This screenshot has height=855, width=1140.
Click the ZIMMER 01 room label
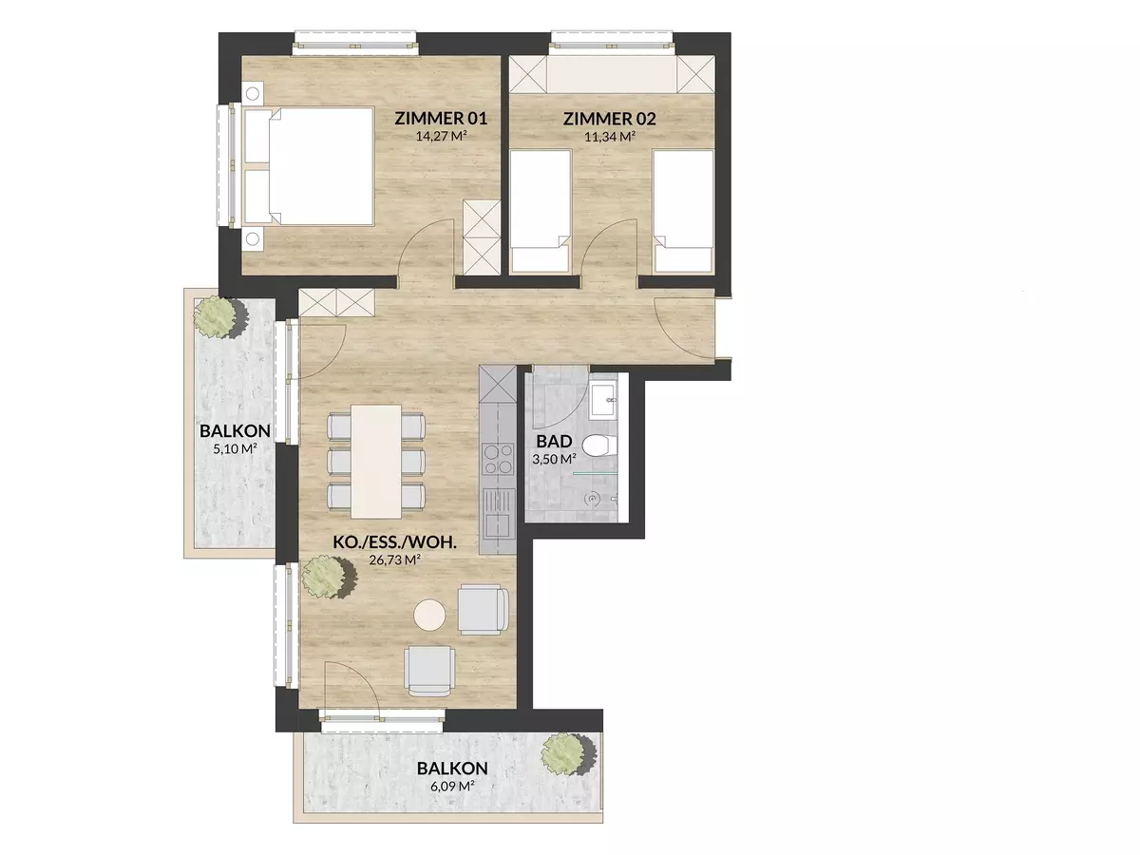coord(441,119)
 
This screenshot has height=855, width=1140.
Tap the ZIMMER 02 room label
coord(610,119)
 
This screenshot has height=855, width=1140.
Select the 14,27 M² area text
coord(441,137)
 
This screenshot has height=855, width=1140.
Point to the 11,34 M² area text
coord(610,137)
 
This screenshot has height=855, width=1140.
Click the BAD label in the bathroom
coord(554,442)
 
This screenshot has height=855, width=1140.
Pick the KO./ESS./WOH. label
coord(394,543)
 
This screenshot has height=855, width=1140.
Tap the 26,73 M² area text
coord(394,560)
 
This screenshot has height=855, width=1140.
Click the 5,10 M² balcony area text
coord(236,448)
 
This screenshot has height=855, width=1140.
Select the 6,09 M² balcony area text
coord(452,786)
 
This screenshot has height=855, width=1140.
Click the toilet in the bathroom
coord(598,446)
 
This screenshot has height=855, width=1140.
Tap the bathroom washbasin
coord(603,399)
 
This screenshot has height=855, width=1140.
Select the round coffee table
coord(429,616)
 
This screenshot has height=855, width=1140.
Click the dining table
coord(376,462)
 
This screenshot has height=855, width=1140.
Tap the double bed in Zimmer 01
coord(309,166)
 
